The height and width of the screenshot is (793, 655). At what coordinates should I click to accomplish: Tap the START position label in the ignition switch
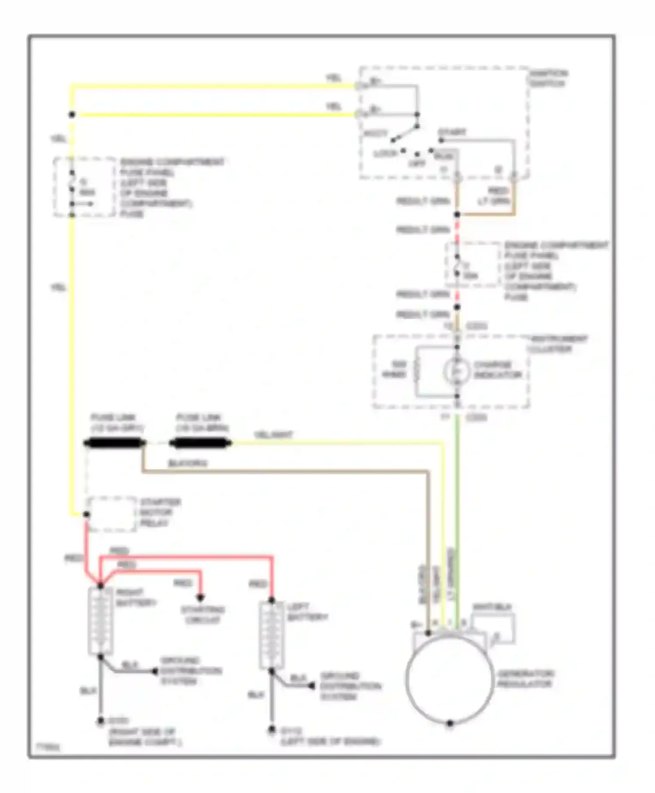coord(452,132)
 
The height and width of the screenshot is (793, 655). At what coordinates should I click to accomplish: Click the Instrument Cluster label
coord(558,344)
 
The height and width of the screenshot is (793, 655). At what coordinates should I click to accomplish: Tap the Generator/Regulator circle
coord(450,678)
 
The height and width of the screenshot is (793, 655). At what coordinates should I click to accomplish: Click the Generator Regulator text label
coord(525,678)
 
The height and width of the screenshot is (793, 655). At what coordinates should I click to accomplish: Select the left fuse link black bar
coord(114,444)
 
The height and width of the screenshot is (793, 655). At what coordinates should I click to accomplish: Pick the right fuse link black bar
coord(200,444)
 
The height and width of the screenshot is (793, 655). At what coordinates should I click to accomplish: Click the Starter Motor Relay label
coord(160,512)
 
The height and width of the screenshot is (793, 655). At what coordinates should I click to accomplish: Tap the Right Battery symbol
coord(100,620)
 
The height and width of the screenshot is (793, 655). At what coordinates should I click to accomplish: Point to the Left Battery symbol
coord(271,635)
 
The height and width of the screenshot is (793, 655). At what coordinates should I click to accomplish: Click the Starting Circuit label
coord(203,615)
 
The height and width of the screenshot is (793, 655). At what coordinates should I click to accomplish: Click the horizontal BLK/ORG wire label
coord(188,463)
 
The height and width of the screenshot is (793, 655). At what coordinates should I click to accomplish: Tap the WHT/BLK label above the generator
coord(492,607)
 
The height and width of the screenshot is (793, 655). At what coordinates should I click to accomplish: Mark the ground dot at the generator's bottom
coord(450,723)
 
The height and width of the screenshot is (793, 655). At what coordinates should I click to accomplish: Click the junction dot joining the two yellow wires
coord(72,115)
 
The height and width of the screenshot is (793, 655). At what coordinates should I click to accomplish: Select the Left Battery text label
coord(307,612)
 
